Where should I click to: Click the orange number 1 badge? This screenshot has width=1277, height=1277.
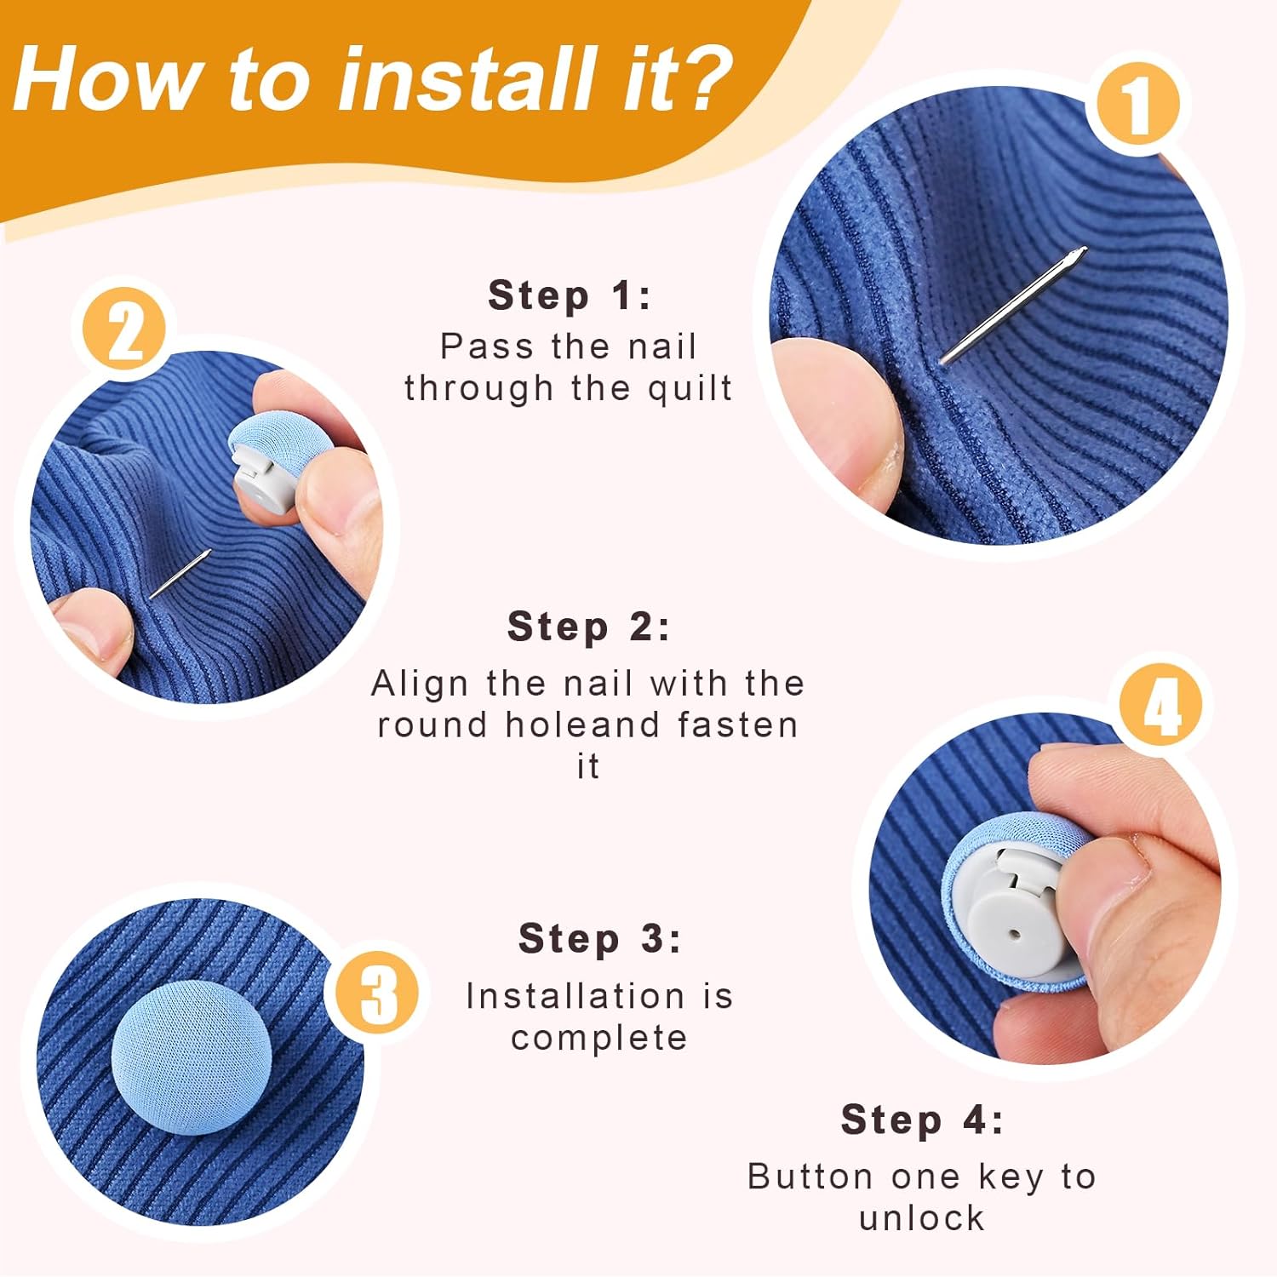tap(1137, 106)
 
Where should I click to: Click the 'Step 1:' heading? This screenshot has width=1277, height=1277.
tap(569, 296)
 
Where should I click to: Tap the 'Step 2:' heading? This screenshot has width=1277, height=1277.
tap(588, 627)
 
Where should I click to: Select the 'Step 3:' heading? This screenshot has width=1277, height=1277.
tap(599, 939)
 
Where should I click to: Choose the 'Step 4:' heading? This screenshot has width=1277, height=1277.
tap(922, 1120)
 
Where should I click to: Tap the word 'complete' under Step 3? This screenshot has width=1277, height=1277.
tap(598, 1038)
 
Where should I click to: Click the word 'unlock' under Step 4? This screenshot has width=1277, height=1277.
tap(921, 1218)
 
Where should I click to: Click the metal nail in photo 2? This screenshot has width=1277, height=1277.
tap(180, 575)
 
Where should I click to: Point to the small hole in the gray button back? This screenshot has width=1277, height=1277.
tap(1013, 934)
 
